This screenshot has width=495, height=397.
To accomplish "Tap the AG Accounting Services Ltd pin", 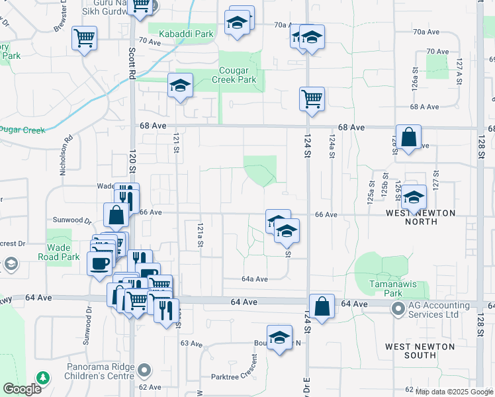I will coord(398,309).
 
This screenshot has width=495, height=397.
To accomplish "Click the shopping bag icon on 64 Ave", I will coord(321,307).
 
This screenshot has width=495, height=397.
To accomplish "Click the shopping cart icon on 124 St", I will coord(312,99).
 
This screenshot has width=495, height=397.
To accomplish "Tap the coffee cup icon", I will coord(99,263).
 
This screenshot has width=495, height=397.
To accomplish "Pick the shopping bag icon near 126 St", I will coord(408,138).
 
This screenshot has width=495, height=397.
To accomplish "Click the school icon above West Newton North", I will coord(414,197).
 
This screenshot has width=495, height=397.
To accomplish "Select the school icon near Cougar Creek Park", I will coord(180,85).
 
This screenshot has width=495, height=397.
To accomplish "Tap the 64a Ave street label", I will coord(254,279).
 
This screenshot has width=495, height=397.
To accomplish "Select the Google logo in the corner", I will coord(21,389).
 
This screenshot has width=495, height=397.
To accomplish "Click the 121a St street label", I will coord(199,235).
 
